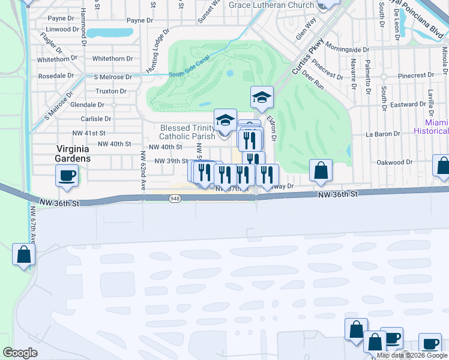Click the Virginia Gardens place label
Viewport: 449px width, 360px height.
tap(73, 154)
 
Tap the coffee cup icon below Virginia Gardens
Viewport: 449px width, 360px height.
tap(67, 175)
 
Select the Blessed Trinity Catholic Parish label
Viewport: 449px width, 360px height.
tap(187, 132)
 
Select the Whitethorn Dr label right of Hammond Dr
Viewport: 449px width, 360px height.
tap(112, 59)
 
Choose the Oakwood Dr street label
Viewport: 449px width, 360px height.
tap(394, 162)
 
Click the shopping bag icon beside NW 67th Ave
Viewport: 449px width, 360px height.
tap(23, 254)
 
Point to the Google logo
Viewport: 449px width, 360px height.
tap(20, 353)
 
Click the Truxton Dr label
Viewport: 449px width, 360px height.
tap(111, 91)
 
